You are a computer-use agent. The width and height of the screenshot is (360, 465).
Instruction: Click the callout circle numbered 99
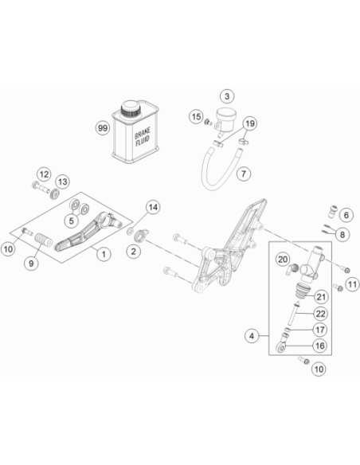pos(103,128)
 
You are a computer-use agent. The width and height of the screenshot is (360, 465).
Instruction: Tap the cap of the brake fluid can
pos(130,109)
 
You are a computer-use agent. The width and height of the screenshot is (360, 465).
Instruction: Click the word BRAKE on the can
pos(143,133)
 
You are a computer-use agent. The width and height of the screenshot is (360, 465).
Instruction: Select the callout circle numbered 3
pos(227,96)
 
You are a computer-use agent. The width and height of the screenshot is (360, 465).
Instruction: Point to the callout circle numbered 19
pos(250,123)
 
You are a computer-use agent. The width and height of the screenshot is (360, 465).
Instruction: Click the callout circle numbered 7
pos(244,174)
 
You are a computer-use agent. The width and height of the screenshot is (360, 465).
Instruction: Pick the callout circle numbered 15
pos(196,116)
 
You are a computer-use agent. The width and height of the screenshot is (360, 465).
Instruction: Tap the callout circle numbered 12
pos(44,174)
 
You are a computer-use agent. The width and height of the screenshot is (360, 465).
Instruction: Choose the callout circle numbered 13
pos(63,182)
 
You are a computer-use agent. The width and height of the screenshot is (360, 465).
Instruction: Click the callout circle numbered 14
pos(153,207)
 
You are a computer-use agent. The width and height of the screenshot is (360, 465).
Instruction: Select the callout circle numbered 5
pos(72,221)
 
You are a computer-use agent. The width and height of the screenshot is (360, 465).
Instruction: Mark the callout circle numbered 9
pos(31,263)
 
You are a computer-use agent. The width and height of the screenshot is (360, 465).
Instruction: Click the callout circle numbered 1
pos(104,254)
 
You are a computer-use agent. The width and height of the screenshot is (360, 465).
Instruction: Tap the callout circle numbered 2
pos(134,252)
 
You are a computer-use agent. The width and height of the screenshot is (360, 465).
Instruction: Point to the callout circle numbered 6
pos(346,215)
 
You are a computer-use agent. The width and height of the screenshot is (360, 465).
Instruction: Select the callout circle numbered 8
pos(342,235)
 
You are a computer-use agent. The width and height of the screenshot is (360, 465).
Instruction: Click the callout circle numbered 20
pos(283,260)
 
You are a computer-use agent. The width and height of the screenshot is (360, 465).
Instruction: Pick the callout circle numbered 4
pos(252,336)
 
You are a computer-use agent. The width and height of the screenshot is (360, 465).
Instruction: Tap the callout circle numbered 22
pos(320,314)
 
